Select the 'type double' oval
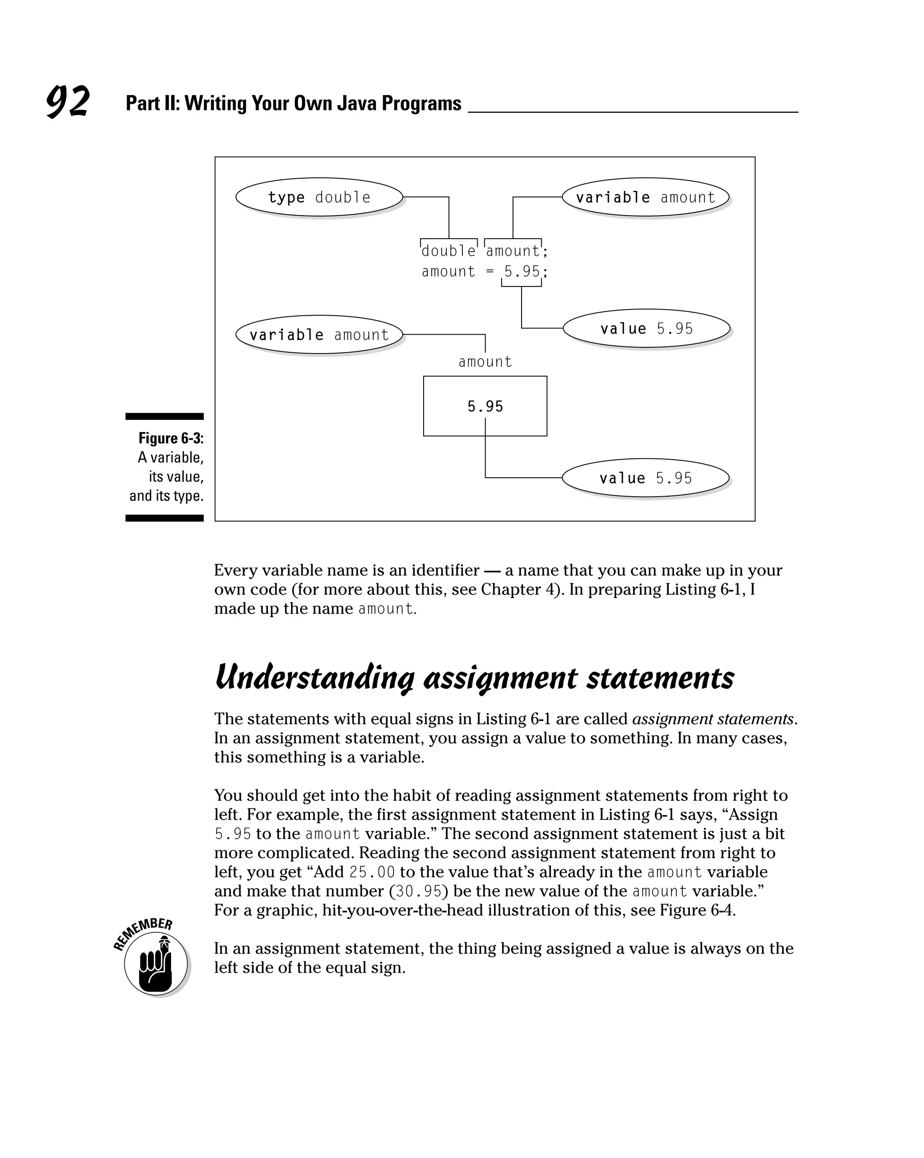319,197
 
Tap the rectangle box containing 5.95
485,406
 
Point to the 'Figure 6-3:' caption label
171,438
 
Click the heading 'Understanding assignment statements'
474,678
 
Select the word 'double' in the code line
448,251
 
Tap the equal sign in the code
490,272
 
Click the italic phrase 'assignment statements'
713,719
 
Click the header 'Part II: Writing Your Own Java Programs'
293,103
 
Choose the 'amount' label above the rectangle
485,362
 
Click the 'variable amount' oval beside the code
645,197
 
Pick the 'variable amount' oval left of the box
319,335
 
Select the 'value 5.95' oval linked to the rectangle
645,478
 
